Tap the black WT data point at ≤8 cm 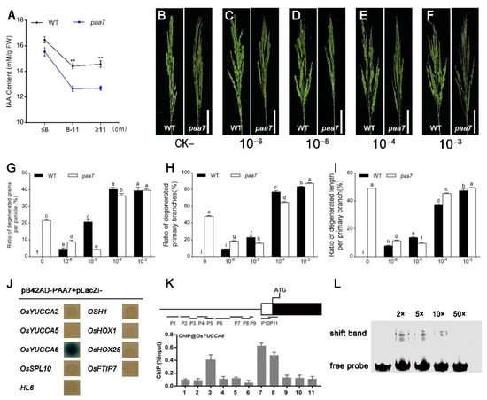pos(45,39)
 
